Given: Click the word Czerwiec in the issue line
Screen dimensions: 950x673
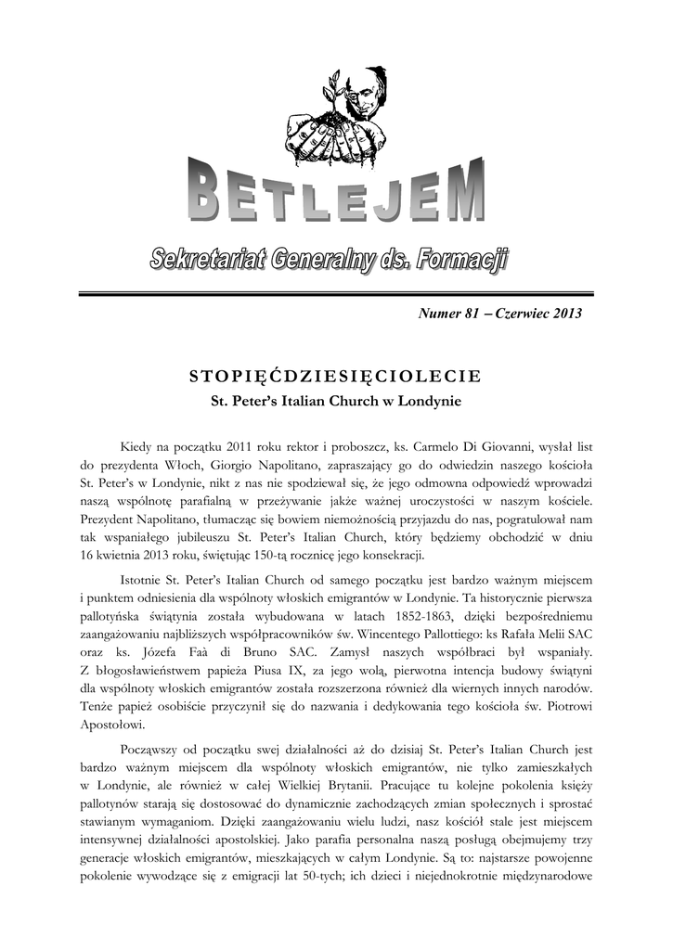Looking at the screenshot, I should (x=524, y=314).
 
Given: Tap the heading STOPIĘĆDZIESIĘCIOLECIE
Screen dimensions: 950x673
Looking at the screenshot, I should (x=335, y=376).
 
